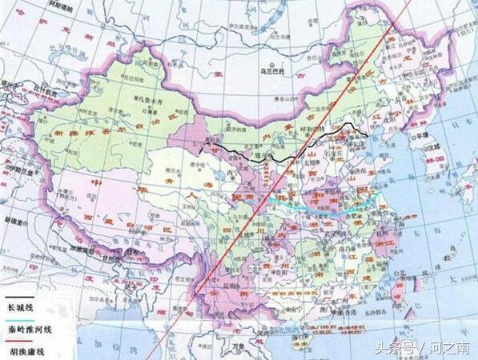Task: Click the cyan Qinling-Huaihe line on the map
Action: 320,210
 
